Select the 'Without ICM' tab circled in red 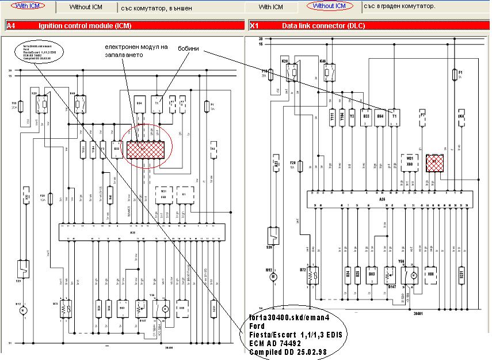[330, 6]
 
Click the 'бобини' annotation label [189, 48]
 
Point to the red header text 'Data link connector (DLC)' [323, 26]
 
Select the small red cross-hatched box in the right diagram [434, 163]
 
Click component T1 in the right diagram [394, 116]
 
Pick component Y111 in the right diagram [333, 117]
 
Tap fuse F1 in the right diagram [460, 75]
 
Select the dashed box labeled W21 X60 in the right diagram [409, 161]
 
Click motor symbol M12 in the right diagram [274, 277]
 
